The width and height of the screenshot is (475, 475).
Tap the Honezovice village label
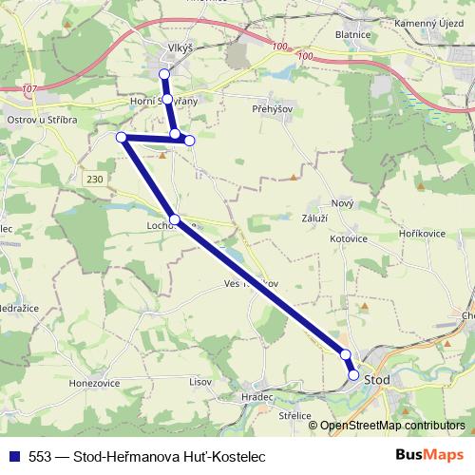coord(92,381)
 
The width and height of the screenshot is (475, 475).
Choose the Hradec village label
coord(256,396)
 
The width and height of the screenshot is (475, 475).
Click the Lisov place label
coord(200,381)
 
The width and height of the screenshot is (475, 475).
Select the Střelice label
coord(295,416)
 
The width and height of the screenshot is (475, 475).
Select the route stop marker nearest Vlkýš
coord(164,73)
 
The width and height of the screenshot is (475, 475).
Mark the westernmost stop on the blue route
coord(122,138)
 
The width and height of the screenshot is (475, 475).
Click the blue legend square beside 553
coord(11,455)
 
